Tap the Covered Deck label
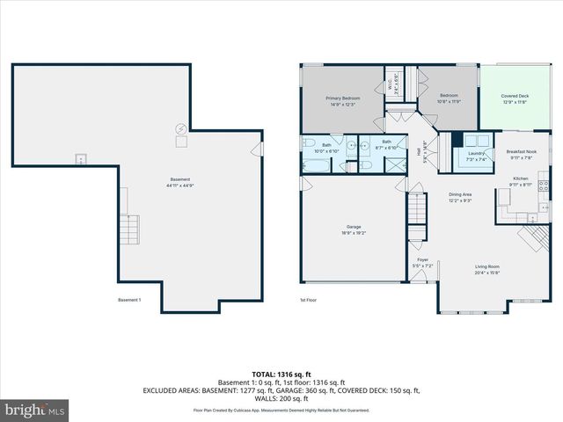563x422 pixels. tap(515, 96)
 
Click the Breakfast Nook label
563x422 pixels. tap(523, 152)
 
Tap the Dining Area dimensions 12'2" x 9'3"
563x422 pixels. tap(461, 200)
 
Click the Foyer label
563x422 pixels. tap(423, 260)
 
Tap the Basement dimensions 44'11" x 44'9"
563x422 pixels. tap(179, 186)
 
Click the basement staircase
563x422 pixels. tap(129, 229)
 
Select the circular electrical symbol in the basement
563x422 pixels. tap(181, 127)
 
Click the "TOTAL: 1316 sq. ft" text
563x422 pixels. tap(281, 373)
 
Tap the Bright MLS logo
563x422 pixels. tap(35, 410)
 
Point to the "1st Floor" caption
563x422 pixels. tap(309, 300)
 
